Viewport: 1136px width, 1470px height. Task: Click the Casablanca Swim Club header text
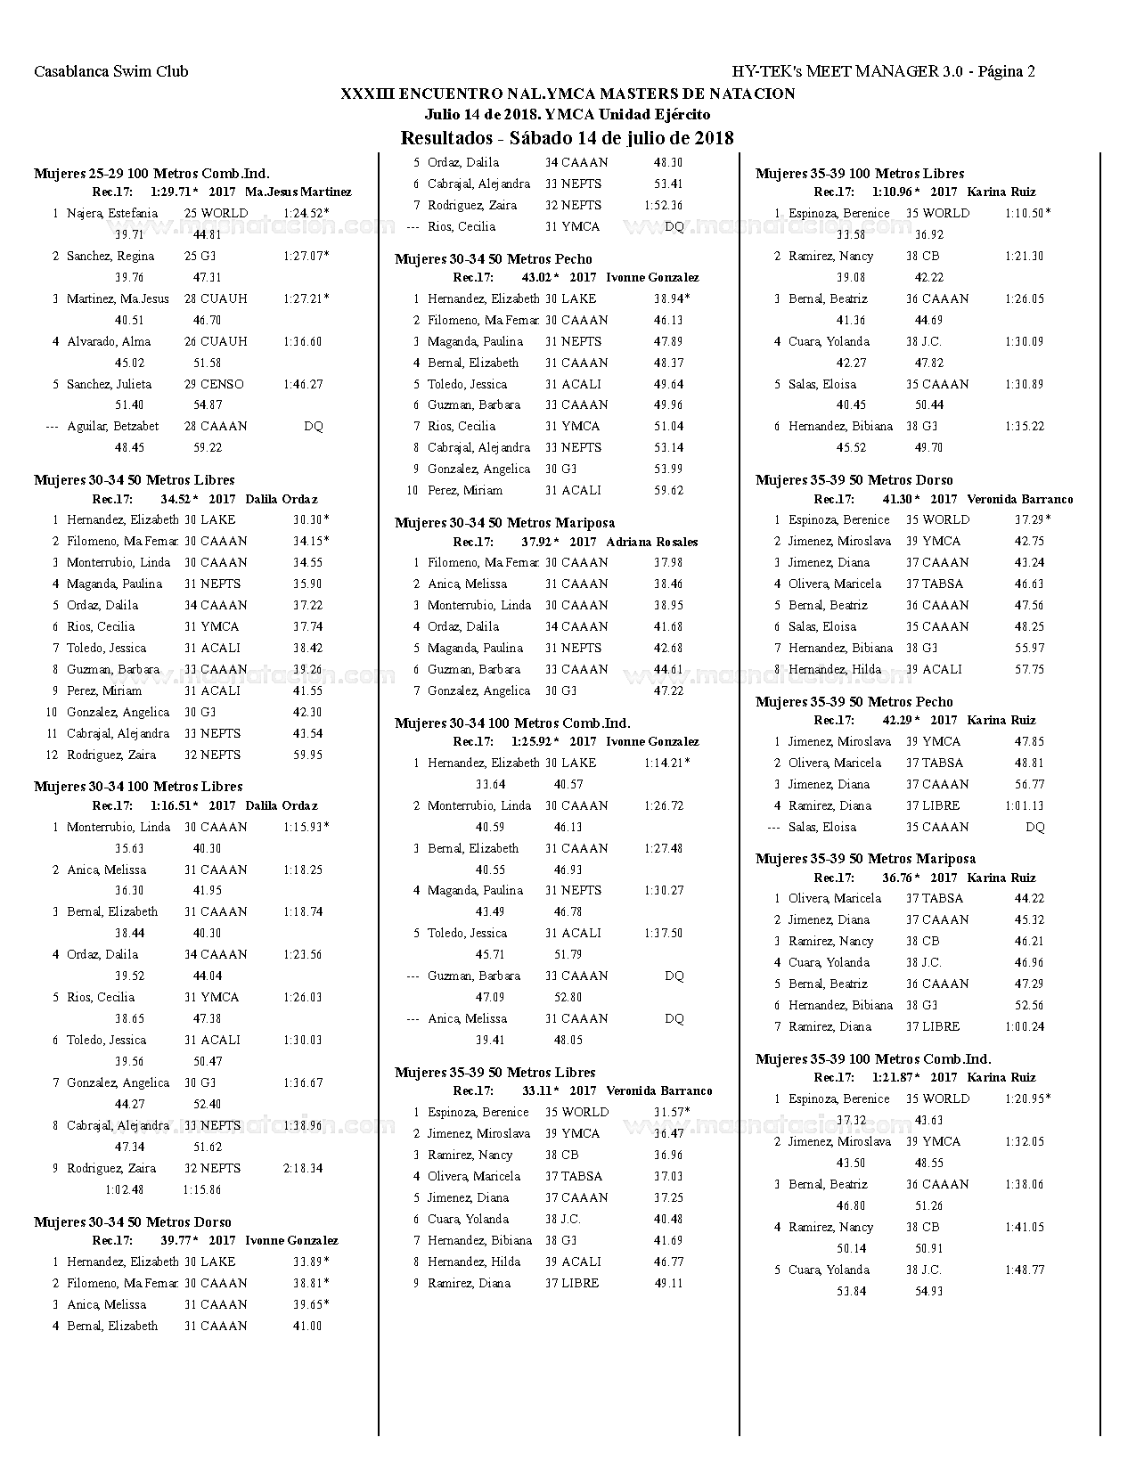point(111,72)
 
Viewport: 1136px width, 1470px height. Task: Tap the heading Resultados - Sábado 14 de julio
point(567,138)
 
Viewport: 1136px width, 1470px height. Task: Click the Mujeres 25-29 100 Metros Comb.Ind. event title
point(151,174)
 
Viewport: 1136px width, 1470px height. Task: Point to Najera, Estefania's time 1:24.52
point(304,213)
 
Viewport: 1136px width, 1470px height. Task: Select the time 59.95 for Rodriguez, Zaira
point(307,755)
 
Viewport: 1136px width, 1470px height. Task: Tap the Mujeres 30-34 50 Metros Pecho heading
point(493,259)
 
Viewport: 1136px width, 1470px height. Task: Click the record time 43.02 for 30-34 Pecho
point(537,278)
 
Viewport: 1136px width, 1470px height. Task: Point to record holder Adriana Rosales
point(651,543)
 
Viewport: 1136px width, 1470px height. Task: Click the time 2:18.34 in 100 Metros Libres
point(303,1169)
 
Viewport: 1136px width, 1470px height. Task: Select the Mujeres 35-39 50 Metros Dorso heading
point(854,480)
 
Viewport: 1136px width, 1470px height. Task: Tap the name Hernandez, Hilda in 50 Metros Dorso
point(834,670)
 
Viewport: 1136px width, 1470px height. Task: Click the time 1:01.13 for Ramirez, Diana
point(1024,806)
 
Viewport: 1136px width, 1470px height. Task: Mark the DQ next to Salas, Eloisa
point(1034,828)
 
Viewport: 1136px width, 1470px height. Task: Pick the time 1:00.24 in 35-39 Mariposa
point(1024,1027)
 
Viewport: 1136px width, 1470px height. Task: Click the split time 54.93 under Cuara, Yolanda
point(928,1292)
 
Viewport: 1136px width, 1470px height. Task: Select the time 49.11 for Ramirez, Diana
point(668,1284)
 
